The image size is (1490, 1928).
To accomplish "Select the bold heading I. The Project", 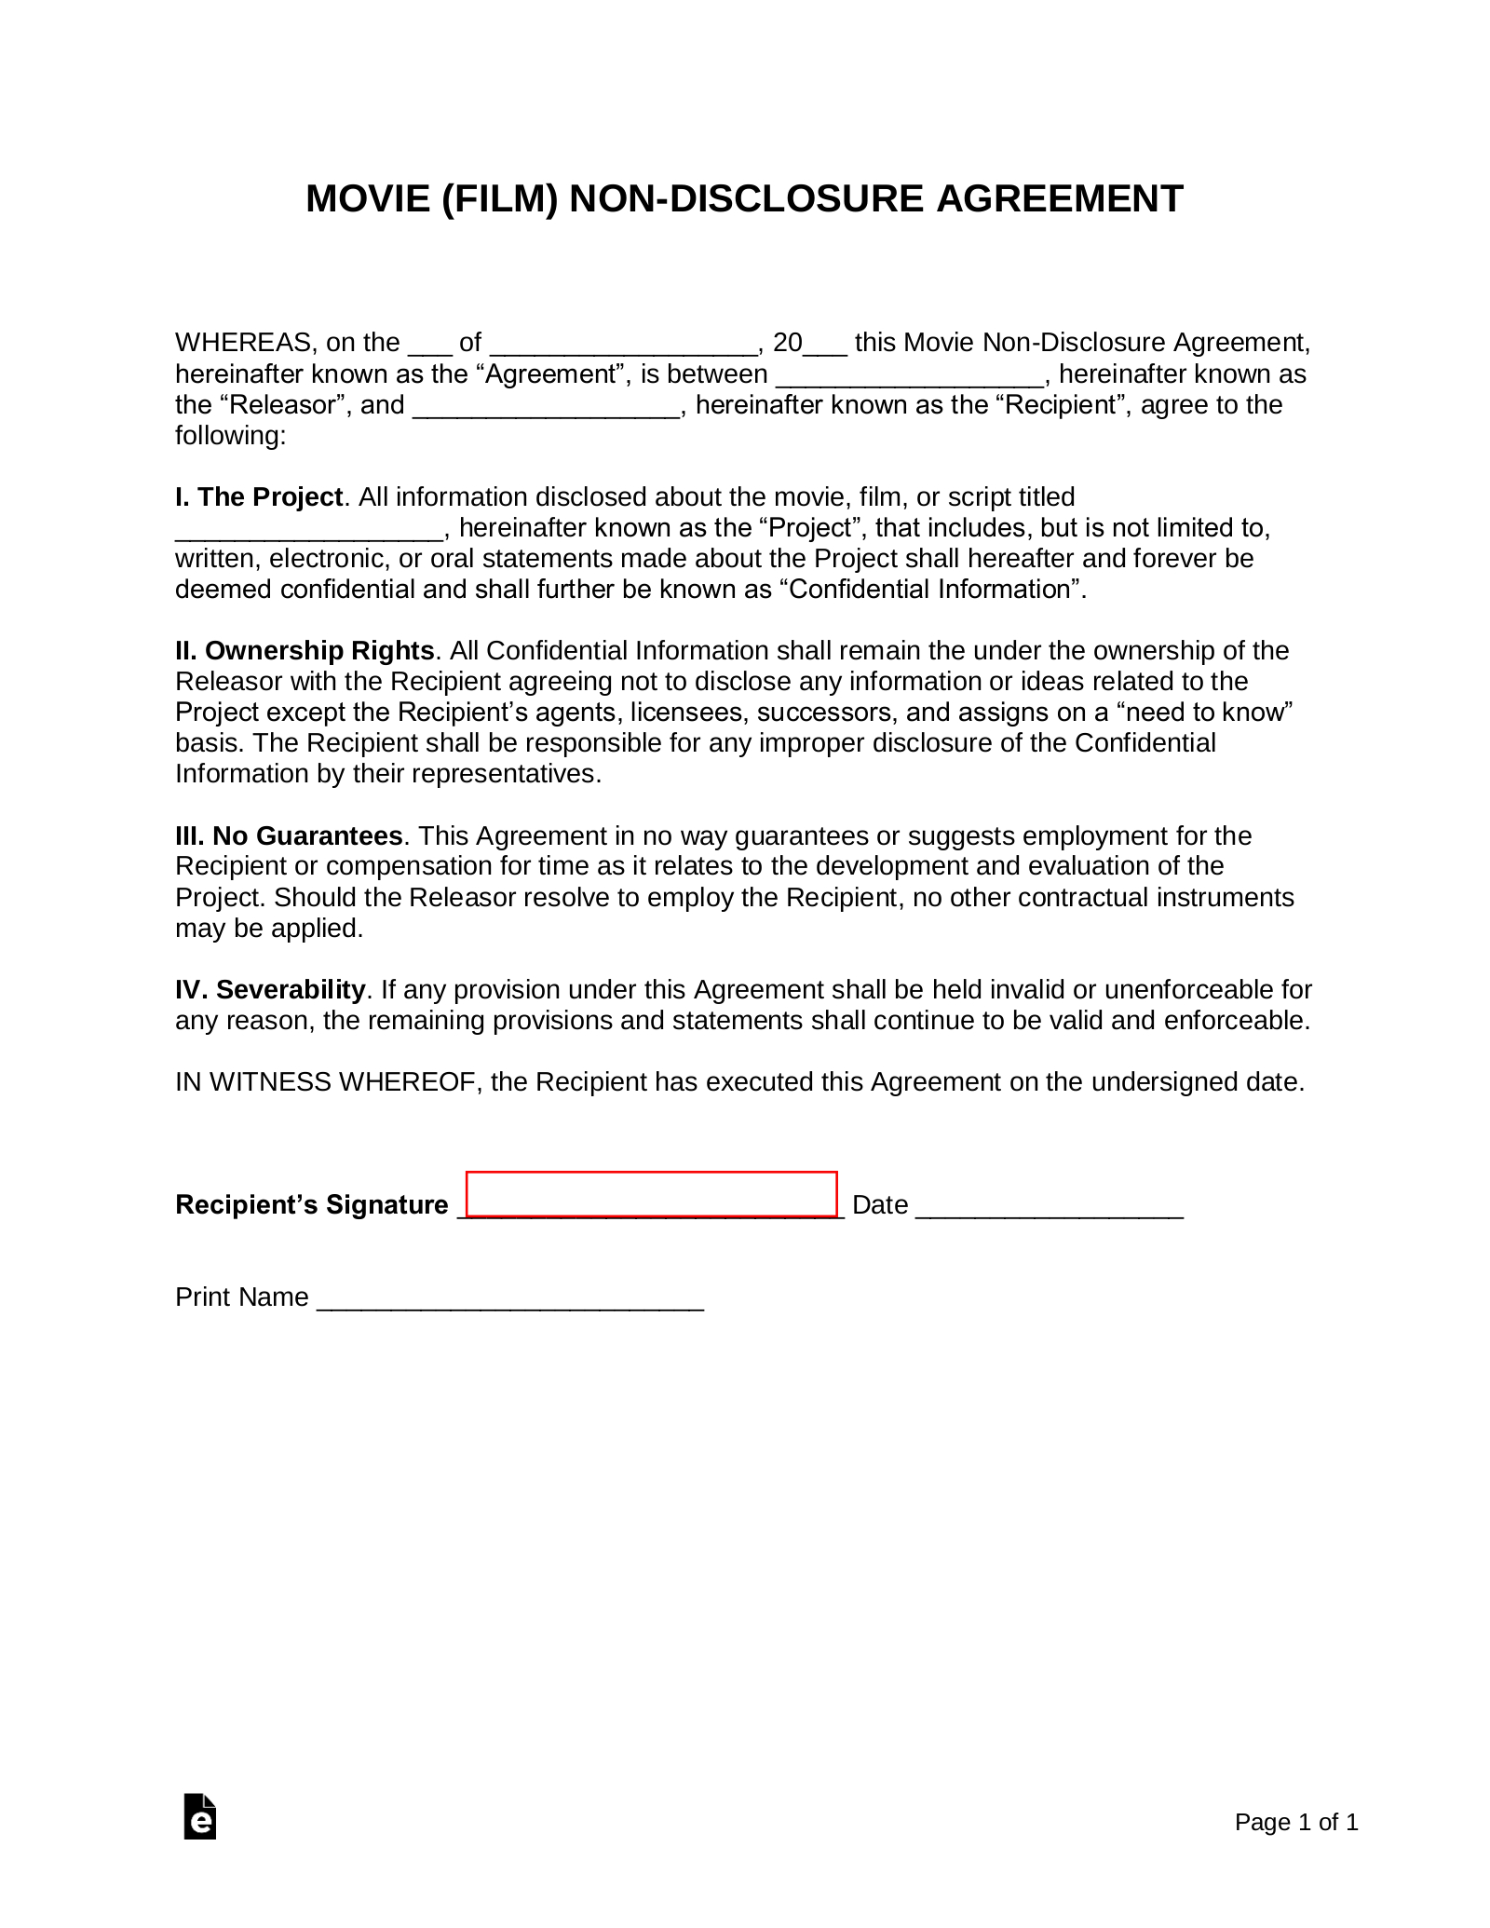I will pos(259,497).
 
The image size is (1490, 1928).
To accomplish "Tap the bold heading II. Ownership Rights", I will pos(305,651).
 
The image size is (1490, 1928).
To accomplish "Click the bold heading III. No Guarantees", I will pos(289,836).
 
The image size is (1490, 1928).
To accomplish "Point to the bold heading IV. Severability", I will pos(270,990).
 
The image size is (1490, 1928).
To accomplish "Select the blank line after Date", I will pos(1050,1207).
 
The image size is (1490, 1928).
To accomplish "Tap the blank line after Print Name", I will pos(510,1299).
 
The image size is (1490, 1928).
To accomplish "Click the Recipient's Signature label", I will pos(311,1206).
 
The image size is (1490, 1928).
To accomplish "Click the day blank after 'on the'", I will pos(429,346).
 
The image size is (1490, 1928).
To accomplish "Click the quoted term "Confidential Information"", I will pos(928,591).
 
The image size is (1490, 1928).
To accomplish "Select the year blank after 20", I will pos(825,346).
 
